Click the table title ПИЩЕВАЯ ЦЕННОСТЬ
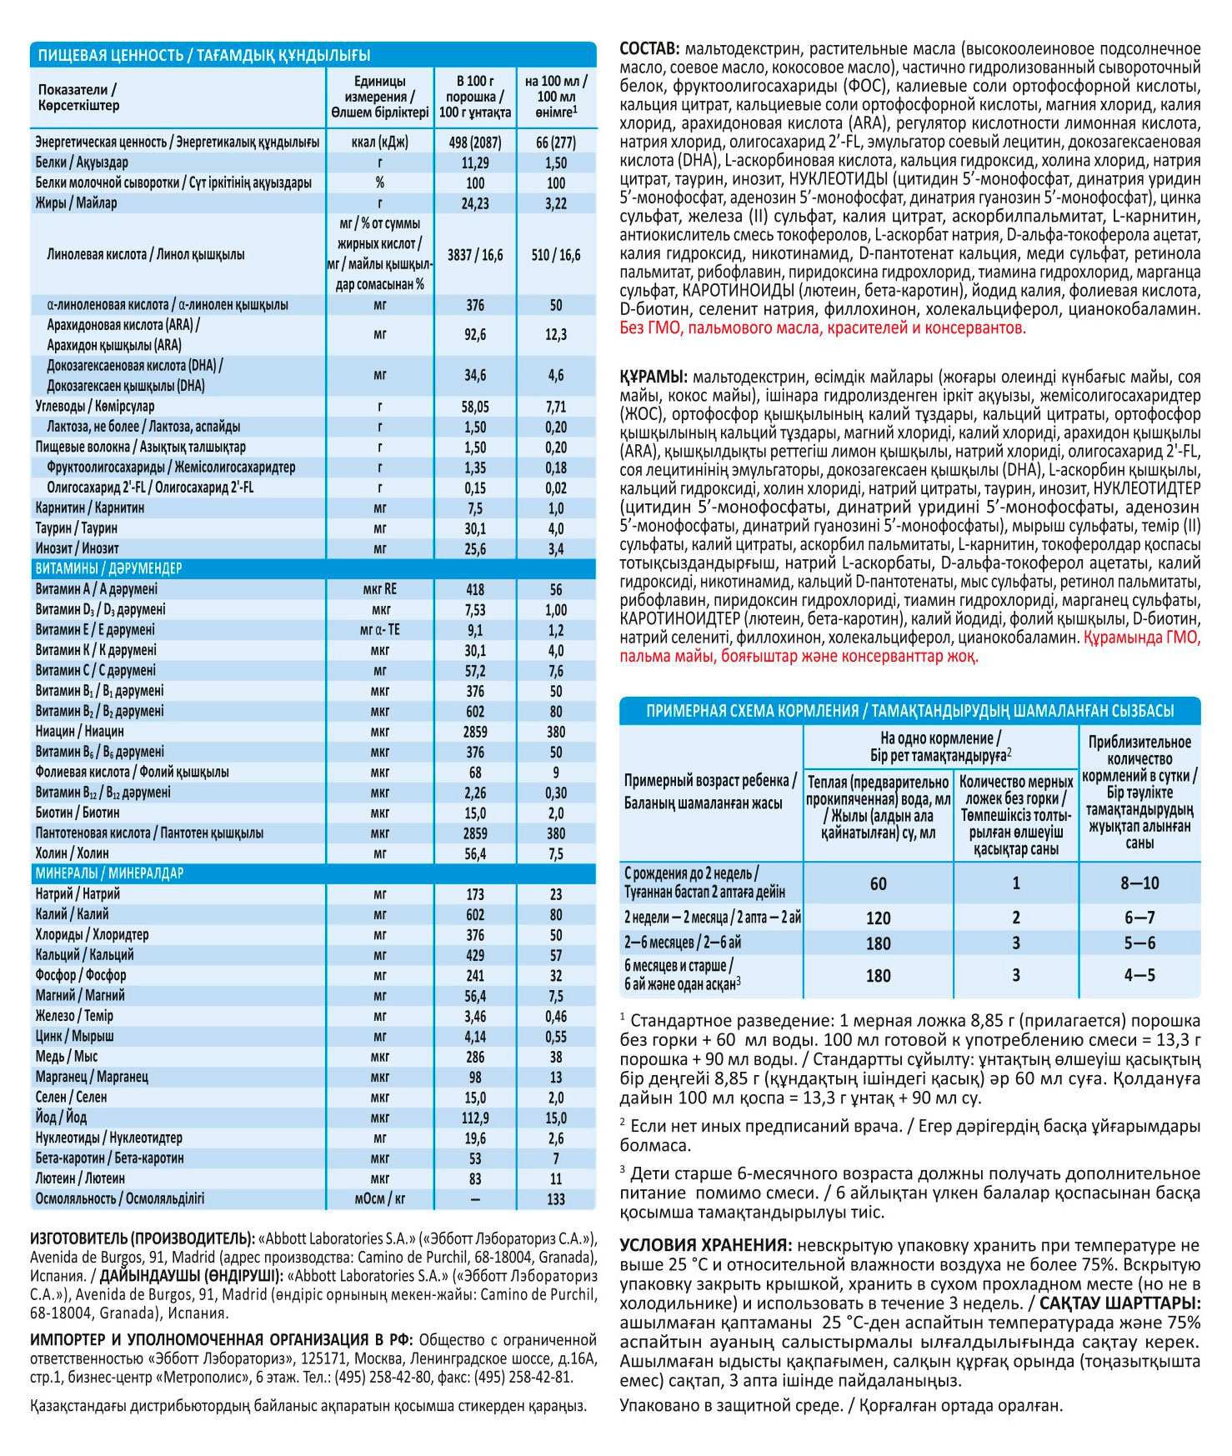108,55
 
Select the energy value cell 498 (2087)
475,143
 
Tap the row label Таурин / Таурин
77,528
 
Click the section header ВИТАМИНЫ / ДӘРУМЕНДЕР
108,568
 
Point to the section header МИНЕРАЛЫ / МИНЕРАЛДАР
109,873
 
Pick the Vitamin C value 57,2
475,671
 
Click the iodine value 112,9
475,1118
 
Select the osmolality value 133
556,1199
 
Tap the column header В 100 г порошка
475,97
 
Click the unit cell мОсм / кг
380,1199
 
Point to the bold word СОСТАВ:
650,49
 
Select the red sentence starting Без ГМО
823,328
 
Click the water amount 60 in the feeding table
879,883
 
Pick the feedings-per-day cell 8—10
1139,883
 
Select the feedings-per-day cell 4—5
1139,975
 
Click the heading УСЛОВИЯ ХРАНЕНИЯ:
705,1246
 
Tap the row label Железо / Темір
74,1016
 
